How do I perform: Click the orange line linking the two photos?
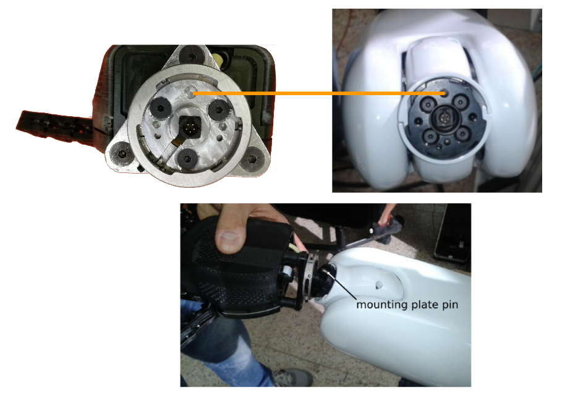point(319,93)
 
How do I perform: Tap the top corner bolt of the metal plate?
point(191,56)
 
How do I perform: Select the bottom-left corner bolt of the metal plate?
point(121,154)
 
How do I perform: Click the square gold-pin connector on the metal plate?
point(189,127)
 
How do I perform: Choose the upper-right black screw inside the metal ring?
point(219,109)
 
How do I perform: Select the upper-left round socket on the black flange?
point(428,104)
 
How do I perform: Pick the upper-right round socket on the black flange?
point(460,102)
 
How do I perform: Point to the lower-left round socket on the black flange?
point(430,136)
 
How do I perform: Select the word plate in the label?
point(422,305)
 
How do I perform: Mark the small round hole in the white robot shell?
point(379,284)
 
